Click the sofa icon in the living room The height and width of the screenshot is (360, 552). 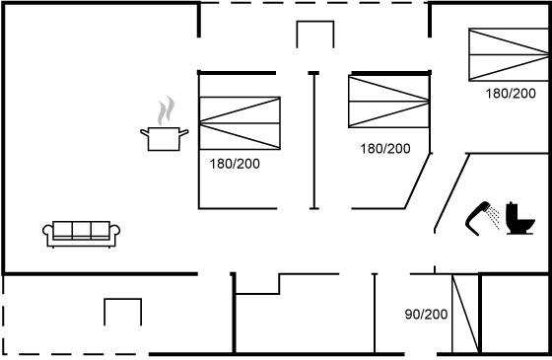(x=81, y=234)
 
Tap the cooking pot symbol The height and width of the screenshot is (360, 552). (x=164, y=139)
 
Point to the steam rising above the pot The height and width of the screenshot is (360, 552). (x=166, y=110)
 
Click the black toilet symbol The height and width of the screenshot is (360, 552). (x=520, y=218)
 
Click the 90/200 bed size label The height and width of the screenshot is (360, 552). (x=426, y=314)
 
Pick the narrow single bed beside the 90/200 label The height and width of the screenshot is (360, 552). (x=465, y=314)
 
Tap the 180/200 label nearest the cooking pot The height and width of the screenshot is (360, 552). (x=235, y=164)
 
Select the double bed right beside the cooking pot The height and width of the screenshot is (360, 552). (x=240, y=123)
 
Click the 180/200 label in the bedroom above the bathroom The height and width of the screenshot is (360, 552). (x=511, y=94)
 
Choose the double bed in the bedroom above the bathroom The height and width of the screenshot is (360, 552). (x=509, y=54)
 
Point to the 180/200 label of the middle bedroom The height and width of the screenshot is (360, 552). (x=385, y=149)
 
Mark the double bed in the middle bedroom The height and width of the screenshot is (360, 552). (x=389, y=102)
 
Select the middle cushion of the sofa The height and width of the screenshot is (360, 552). (x=81, y=231)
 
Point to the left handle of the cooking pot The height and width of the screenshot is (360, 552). (x=144, y=132)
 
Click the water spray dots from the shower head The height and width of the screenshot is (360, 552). (x=494, y=218)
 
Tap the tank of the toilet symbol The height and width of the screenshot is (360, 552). (x=512, y=212)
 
